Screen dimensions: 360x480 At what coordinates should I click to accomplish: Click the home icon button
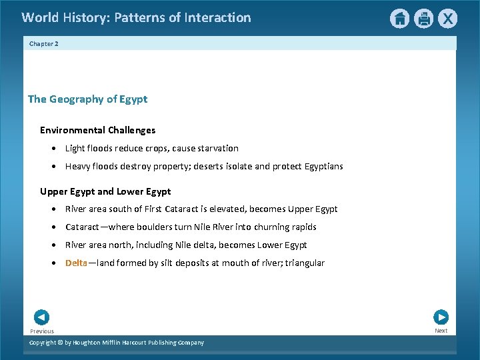point(399,19)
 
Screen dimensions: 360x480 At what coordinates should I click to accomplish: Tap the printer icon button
point(423,19)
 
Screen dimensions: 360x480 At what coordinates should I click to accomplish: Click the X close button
point(447,19)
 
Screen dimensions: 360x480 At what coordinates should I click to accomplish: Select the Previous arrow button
point(41,318)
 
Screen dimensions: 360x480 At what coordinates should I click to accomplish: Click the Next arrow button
point(441,317)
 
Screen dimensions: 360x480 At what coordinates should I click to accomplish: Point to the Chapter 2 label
point(44,43)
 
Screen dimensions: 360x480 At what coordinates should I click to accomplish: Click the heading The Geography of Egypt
point(87,99)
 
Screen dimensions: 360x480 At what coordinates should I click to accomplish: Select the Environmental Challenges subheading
point(97,130)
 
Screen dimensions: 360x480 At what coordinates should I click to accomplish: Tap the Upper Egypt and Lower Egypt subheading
point(105,191)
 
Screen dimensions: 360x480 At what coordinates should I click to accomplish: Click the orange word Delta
point(76,263)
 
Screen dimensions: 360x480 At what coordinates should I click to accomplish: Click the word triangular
point(304,263)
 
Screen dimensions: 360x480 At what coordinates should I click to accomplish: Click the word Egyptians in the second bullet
point(321,166)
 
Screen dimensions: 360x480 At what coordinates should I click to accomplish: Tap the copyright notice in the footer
point(117,343)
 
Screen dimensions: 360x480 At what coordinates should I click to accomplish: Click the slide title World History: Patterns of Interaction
point(136,18)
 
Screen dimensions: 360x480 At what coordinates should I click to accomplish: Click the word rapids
point(303,227)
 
